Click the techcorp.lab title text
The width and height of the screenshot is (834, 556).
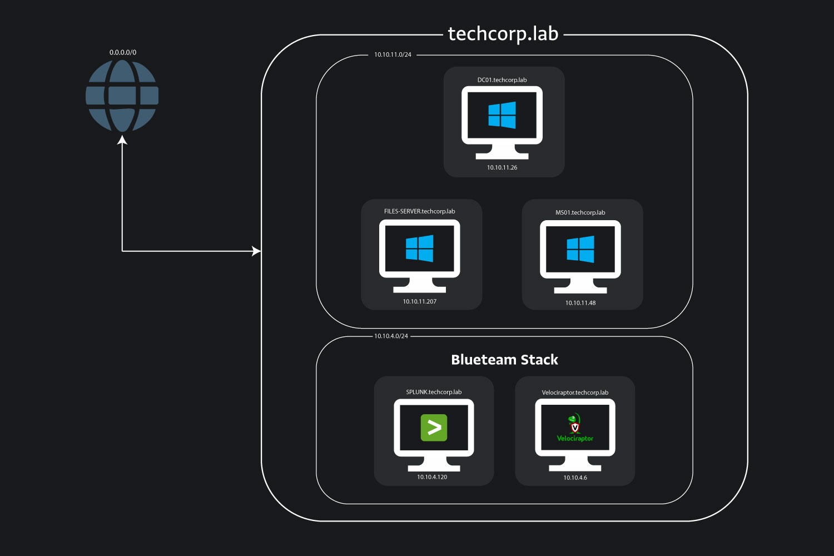503,34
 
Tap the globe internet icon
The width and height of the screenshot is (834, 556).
122,96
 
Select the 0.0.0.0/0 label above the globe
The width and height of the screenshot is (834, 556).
123,52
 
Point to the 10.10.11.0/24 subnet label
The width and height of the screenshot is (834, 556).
393,54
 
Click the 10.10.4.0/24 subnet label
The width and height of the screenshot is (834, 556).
391,336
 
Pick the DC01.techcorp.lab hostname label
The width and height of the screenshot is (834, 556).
502,80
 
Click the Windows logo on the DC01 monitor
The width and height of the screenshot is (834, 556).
502,115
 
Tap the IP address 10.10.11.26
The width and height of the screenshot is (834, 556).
502,167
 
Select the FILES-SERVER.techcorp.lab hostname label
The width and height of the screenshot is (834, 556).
420,211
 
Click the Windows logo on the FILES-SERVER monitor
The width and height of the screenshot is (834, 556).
420,248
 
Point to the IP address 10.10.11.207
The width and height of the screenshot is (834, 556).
420,301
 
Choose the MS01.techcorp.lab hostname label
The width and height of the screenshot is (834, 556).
580,212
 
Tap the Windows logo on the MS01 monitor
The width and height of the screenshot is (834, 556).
580,249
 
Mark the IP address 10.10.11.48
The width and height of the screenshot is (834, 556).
580,303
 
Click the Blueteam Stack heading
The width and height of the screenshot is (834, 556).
504,360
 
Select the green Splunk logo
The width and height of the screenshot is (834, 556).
434,428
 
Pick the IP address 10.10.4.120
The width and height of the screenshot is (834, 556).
432,477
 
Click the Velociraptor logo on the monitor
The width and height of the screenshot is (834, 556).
575,428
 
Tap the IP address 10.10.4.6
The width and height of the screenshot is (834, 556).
575,478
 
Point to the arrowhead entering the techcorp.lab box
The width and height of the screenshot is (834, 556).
256,251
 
